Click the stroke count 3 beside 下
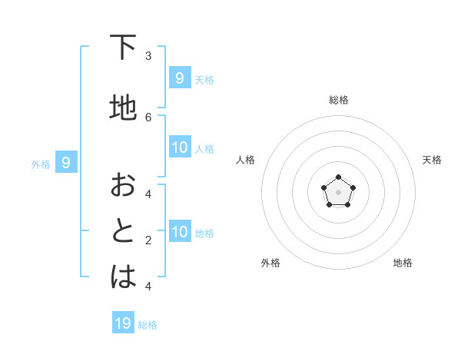pyautogui.click(x=148, y=56)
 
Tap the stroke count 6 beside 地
pyautogui.click(x=148, y=117)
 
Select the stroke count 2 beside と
pyautogui.click(x=148, y=240)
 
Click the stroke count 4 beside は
pyautogui.click(x=148, y=286)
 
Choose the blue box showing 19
pyautogui.click(x=123, y=323)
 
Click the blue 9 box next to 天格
pyautogui.click(x=179, y=78)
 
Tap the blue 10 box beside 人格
pyautogui.click(x=180, y=147)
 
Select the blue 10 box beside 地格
pyautogui.click(x=180, y=232)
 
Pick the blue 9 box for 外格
pyautogui.click(x=66, y=163)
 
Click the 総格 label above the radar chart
pyautogui.click(x=338, y=100)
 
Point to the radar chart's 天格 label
pyautogui.click(x=432, y=160)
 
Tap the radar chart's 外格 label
pyautogui.click(x=270, y=263)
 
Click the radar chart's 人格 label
pyautogui.click(x=246, y=160)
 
